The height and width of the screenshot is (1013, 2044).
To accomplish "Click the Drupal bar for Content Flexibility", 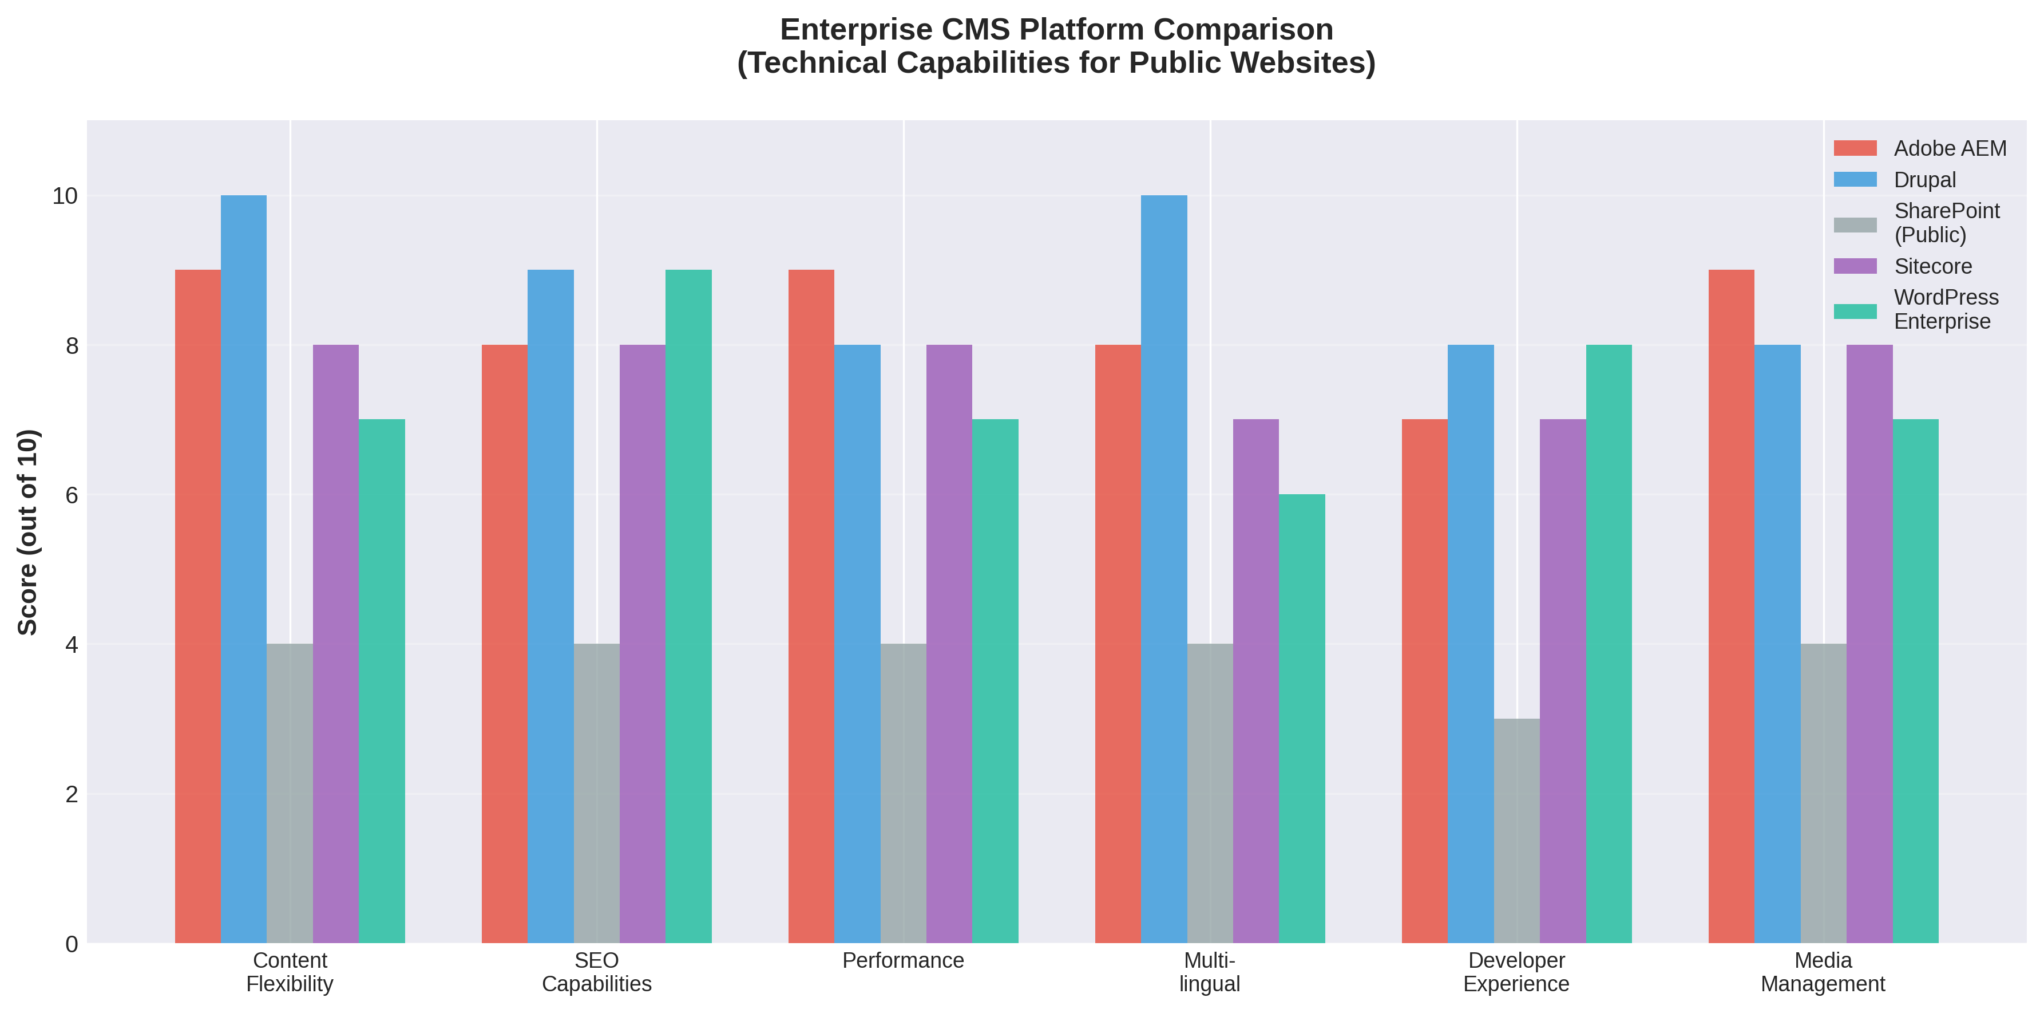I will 244,569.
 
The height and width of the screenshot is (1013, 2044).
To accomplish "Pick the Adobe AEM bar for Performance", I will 811,606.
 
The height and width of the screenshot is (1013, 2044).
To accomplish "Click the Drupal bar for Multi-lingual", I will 1164,569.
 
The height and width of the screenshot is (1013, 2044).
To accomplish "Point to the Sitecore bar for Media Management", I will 1869,644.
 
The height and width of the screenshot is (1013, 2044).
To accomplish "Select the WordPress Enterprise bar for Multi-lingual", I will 1302,719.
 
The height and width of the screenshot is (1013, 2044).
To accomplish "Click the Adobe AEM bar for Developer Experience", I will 1424,681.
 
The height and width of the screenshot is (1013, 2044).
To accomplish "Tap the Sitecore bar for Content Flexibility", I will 336,644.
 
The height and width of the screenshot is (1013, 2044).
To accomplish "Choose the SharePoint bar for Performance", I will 903,793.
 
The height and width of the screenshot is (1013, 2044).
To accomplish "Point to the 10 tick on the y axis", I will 65,196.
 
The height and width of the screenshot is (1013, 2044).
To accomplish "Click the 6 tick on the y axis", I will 72,495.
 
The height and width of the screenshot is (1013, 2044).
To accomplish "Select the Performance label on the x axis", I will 903,961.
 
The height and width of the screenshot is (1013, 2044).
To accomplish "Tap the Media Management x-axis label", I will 1823,972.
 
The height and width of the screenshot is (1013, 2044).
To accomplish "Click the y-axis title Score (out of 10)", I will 28,532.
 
